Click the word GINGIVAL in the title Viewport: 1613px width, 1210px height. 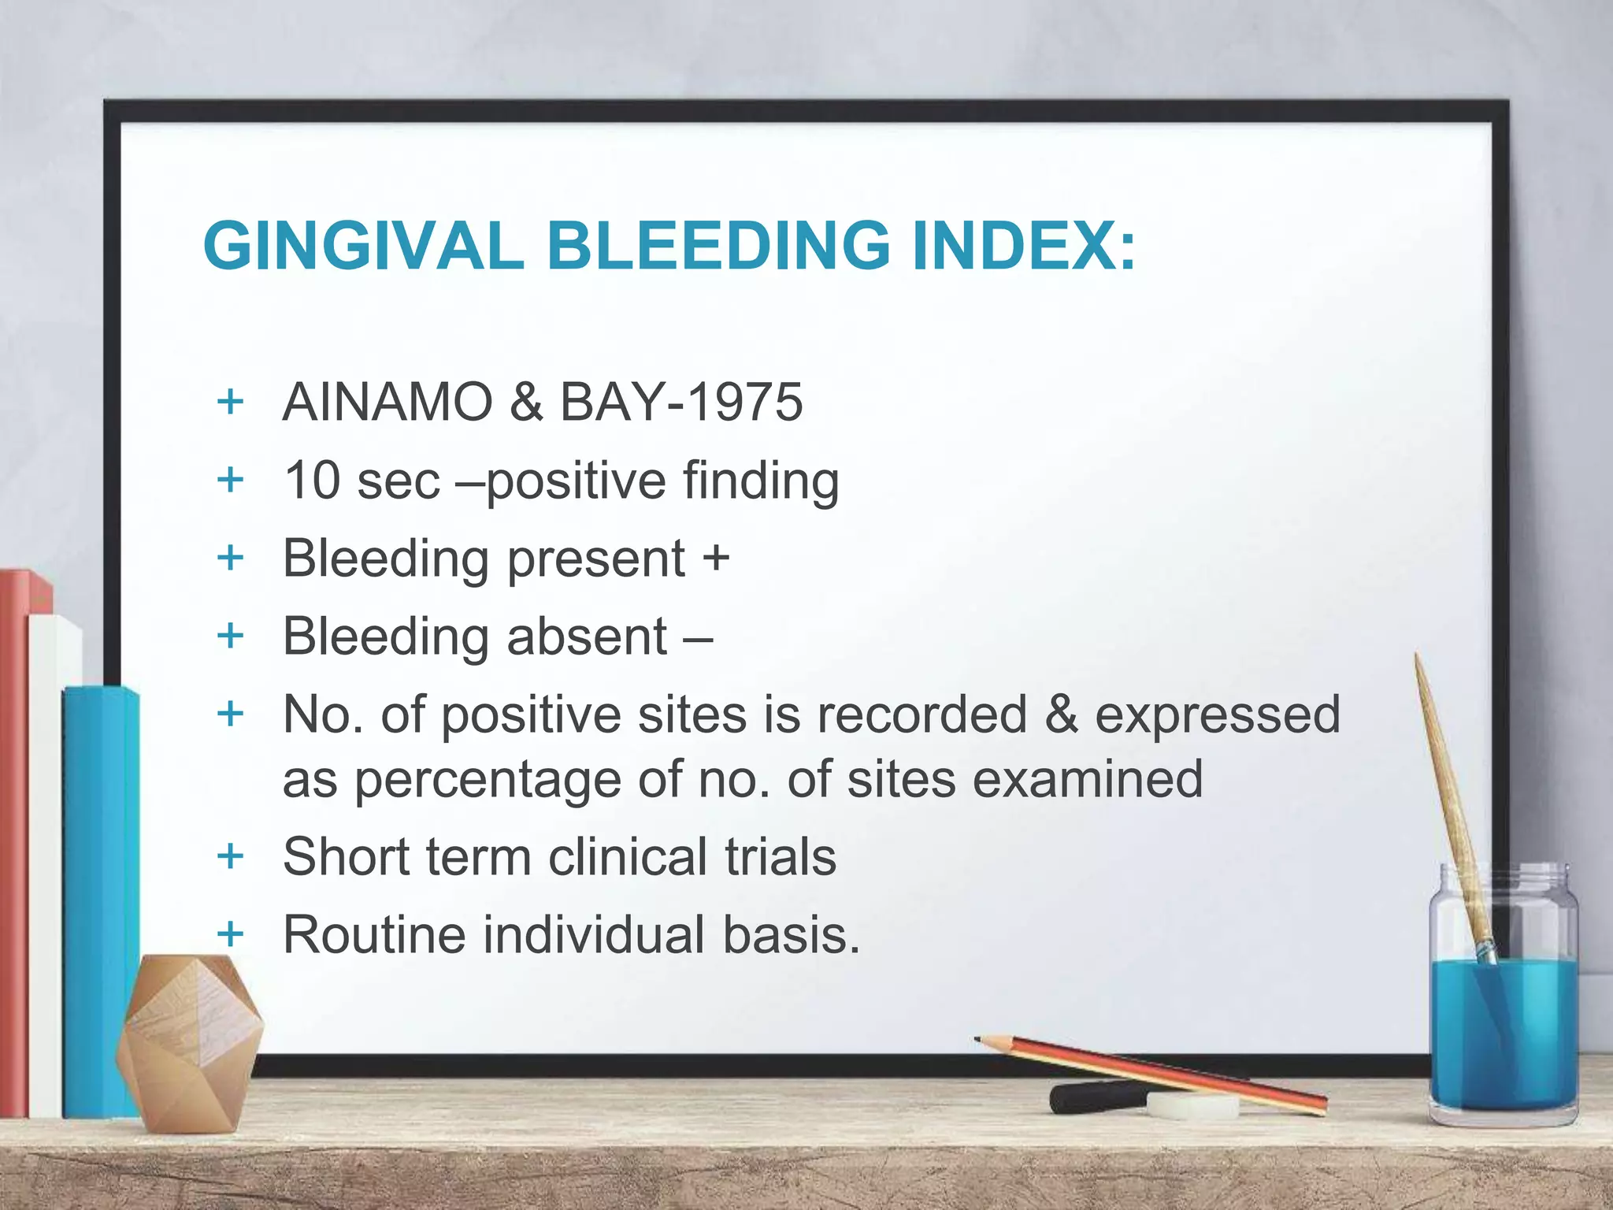pyautogui.click(x=363, y=246)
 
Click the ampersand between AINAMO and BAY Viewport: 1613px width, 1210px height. pyautogui.click(x=526, y=402)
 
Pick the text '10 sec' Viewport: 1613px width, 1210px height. pyautogui.click(x=362, y=481)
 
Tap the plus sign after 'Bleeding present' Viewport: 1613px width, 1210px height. pyautogui.click(x=716, y=558)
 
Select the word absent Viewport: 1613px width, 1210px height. pyautogui.click(x=587, y=636)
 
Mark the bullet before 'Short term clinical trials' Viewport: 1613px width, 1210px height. pyautogui.click(x=230, y=856)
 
